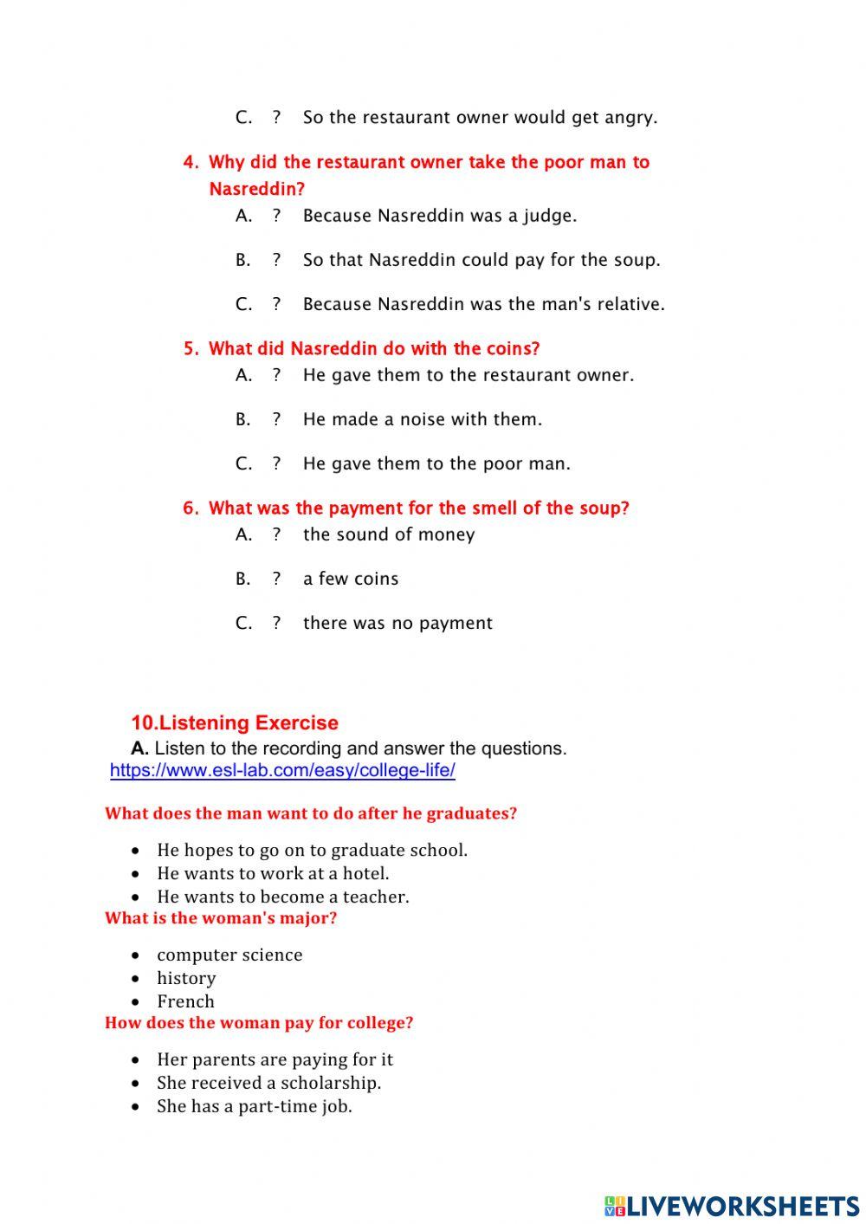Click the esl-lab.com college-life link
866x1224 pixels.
282,770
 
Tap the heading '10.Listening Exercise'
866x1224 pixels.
235,722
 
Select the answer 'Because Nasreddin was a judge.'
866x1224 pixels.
439,216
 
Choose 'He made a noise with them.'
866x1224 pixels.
422,419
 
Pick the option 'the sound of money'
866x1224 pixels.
388,534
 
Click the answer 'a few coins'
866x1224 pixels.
350,579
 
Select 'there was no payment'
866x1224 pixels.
397,623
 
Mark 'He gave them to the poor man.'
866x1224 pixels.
436,463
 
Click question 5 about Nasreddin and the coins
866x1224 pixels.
373,348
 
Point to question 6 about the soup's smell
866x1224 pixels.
418,508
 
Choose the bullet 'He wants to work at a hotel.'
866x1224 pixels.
273,873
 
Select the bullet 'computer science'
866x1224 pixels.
229,955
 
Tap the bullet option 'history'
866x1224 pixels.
186,978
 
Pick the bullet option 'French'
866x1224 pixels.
185,1001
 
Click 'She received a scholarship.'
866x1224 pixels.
268,1083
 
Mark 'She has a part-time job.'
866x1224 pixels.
254,1106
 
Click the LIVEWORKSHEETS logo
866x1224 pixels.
732,1205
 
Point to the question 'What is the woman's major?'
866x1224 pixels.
221,918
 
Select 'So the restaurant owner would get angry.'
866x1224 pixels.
480,117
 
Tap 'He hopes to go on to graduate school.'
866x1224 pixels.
312,850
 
